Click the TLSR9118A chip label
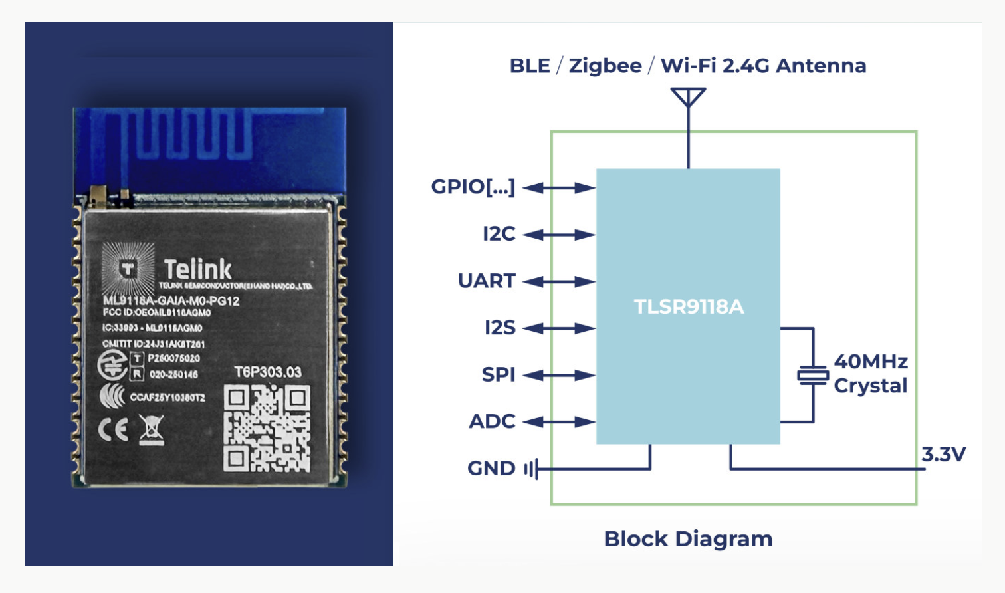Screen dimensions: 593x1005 tap(689, 306)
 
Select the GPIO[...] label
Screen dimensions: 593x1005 tap(473, 187)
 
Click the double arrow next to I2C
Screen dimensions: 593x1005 tap(559, 235)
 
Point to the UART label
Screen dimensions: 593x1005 tap(487, 281)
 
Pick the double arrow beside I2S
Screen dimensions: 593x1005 tap(559, 328)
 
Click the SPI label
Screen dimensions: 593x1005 tap(499, 375)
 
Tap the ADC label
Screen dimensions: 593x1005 tap(492, 421)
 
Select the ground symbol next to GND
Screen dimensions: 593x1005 tap(531, 469)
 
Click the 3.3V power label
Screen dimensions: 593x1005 tap(943, 455)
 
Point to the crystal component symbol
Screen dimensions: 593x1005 tap(813, 376)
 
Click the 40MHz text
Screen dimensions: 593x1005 tap(871, 362)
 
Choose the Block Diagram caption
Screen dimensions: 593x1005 tap(688, 539)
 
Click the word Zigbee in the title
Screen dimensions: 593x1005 tap(605, 66)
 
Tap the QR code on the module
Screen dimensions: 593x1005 tap(267, 428)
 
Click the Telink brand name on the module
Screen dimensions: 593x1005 tap(197, 269)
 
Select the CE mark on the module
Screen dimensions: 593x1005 tap(114, 431)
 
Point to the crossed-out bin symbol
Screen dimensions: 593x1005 tap(152, 430)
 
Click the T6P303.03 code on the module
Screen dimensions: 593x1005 tap(268, 372)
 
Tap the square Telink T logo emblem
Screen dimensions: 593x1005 tap(128, 269)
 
